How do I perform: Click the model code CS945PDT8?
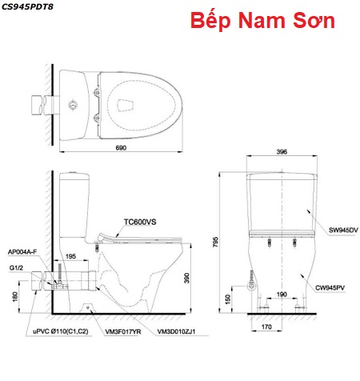(27, 7)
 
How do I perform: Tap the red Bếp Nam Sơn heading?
(262, 21)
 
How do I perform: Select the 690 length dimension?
(121, 147)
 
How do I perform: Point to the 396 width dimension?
(282, 151)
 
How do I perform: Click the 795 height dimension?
(215, 242)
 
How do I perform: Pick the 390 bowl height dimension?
(186, 278)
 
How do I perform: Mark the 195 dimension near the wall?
(70, 256)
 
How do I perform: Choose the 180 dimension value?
(15, 297)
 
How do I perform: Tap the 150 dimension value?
(227, 299)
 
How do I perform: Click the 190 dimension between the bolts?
(282, 295)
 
